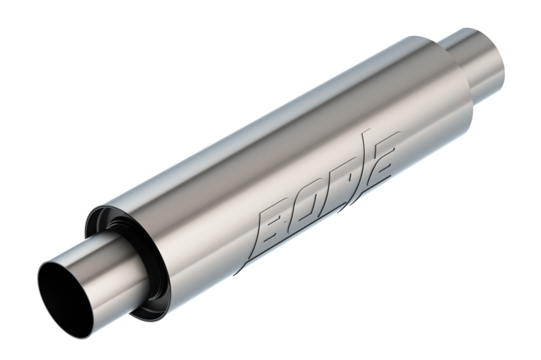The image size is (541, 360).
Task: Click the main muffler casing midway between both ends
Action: (x=275, y=169)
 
